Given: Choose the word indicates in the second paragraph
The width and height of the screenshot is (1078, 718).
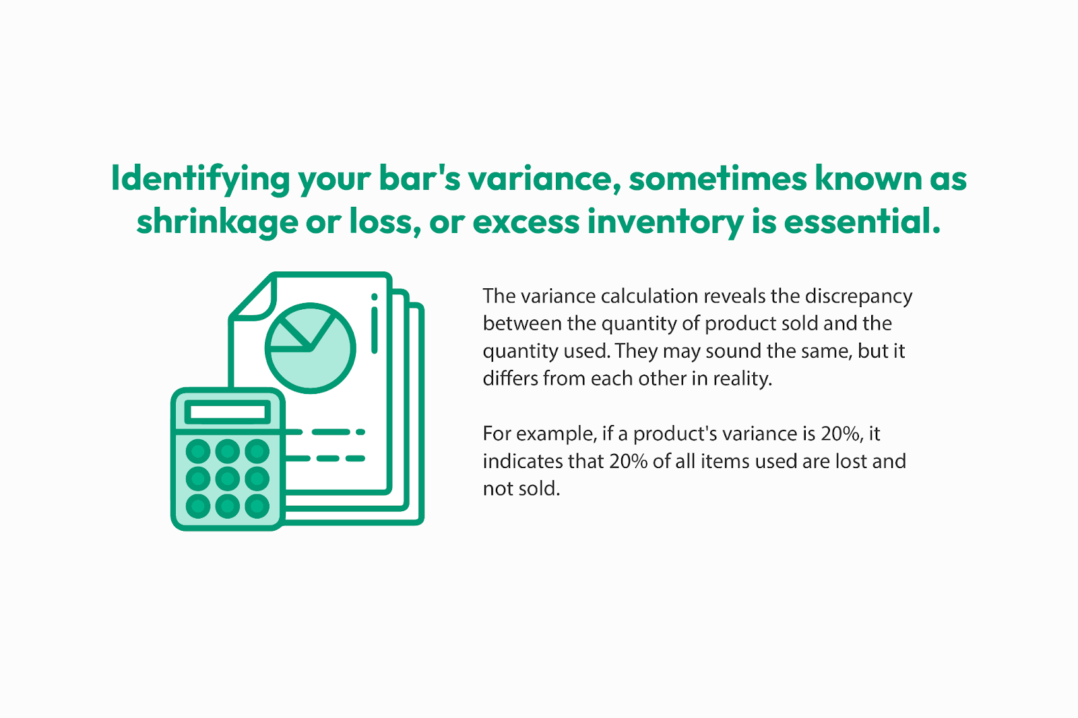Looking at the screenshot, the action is point(522,461).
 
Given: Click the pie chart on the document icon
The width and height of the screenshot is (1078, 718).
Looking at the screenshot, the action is point(311,348).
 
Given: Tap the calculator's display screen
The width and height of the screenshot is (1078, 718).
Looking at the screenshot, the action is point(228,412).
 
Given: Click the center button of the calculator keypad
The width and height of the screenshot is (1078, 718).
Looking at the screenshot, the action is point(228,479).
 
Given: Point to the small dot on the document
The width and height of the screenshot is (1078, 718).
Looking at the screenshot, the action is point(375,297).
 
